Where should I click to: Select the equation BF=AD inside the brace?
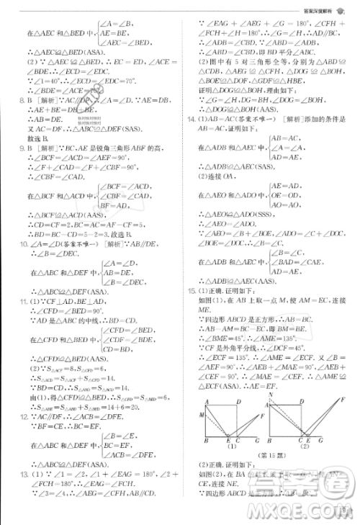112,205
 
